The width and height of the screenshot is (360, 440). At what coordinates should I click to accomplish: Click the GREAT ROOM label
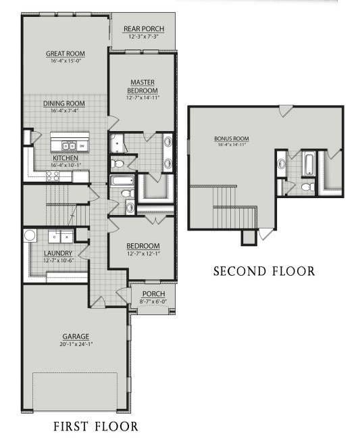click(x=66, y=54)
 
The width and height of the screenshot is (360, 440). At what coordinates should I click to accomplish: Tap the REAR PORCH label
click(x=143, y=29)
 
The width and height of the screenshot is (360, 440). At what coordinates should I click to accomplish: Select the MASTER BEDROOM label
click(x=143, y=87)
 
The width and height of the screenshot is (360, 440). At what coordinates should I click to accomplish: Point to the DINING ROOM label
click(x=64, y=103)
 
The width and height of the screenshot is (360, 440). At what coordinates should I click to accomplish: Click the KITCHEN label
click(x=65, y=157)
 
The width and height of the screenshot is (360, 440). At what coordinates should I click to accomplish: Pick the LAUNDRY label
click(x=57, y=253)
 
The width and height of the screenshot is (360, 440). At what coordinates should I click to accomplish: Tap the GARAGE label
click(x=76, y=336)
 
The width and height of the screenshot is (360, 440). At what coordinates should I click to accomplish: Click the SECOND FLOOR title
click(x=264, y=272)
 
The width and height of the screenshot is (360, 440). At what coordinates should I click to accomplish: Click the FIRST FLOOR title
click(x=95, y=426)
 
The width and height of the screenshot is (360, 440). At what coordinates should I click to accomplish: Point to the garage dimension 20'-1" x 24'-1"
click(x=76, y=343)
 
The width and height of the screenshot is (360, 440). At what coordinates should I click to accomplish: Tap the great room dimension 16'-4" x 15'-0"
click(x=66, y=61)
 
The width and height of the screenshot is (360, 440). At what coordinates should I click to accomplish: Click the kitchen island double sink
click(x=68, y=145)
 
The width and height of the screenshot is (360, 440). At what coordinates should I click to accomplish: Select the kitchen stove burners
click(x=53, y=176)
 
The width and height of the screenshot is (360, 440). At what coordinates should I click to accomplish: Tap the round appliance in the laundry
click(x=30, y=235)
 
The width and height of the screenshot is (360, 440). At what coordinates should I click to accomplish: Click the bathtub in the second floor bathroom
click(x=309, y=162)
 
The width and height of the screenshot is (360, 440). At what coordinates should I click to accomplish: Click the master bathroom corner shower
click(x=118, y=143)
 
